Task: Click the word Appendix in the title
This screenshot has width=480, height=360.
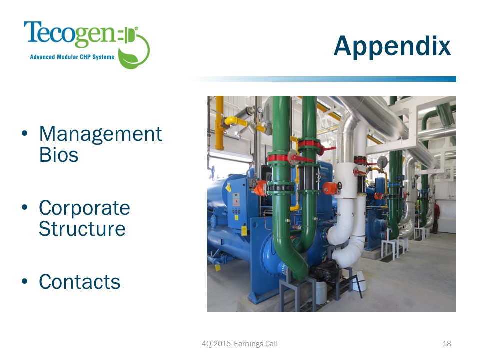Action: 392,46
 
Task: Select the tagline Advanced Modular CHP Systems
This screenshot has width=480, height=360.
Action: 72,57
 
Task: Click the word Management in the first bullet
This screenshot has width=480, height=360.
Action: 100,134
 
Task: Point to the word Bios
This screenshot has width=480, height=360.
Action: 59,155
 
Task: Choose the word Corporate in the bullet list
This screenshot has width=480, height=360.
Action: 84,208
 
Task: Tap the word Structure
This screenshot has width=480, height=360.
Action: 82,229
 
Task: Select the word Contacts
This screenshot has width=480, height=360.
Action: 80,282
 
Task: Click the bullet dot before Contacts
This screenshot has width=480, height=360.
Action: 25,281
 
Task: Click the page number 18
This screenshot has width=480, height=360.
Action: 447,344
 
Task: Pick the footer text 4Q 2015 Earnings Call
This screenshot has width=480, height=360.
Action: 240,344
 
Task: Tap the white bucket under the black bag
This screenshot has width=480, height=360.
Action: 321,292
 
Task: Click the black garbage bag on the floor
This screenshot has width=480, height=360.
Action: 324,270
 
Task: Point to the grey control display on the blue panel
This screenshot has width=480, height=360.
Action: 236,199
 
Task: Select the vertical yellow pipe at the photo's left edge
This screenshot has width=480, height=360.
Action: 219,123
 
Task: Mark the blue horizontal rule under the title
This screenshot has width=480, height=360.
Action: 323,79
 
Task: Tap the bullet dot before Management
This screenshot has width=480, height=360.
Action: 25,133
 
